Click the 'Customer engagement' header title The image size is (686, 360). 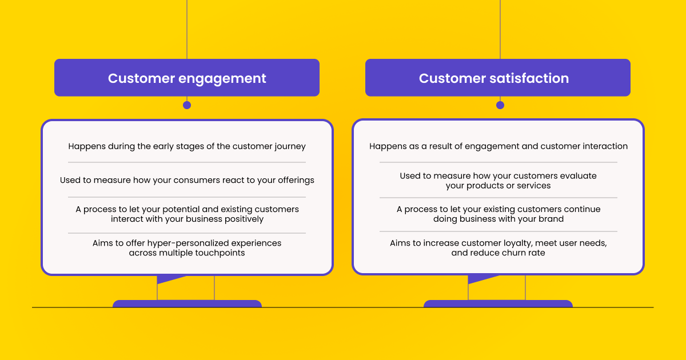click(187, 78)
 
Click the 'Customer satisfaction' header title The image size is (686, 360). click(494, 78)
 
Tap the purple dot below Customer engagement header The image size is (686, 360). click(187, 105)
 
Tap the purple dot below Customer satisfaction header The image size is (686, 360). click(500, 105)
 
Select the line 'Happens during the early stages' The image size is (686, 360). click(187, 146)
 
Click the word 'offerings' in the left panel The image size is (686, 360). click(295, 180)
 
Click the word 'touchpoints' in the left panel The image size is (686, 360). click(221, 253)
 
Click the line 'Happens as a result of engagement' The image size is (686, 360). click(498, 146)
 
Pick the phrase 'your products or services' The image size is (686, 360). click(498, 186)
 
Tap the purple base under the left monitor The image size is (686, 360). click(187, 303)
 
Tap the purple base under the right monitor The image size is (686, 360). click(498, 303)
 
